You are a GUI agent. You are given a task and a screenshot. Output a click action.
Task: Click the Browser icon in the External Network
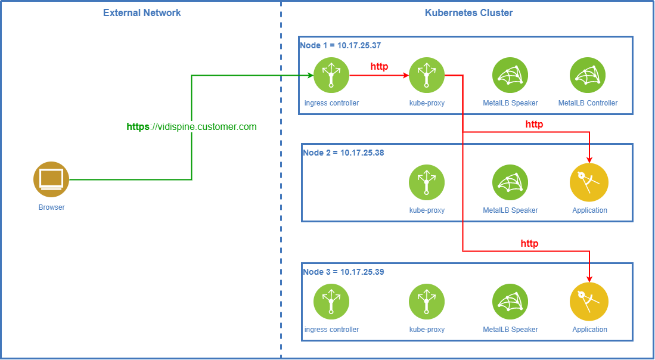coord(51,179)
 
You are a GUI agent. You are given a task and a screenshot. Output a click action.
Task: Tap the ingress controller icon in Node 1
coord(331,75)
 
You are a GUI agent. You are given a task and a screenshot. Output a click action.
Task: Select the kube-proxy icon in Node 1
coord(427,75)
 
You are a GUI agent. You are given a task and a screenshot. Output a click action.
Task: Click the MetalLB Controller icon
coord(588,75)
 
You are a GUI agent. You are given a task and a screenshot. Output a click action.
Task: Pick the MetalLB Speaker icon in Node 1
coord(510,75)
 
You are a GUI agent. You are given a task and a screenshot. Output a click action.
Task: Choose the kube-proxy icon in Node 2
coord(427,182)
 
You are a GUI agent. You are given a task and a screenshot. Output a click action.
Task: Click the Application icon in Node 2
coord(589,182)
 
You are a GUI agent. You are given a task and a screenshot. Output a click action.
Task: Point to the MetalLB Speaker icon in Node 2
coord(510,182)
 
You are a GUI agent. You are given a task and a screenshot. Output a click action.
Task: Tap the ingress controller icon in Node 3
coord(331,302)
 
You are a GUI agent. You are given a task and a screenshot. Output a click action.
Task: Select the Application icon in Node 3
coord(589,302)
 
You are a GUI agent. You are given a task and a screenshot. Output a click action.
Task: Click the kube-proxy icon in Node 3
coord(427,302)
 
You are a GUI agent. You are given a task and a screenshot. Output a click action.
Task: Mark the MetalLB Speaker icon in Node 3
coord(510,302)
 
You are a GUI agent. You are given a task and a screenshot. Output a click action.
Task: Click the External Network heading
coord(142,13)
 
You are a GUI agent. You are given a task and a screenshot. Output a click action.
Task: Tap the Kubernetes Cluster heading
coord(468,13)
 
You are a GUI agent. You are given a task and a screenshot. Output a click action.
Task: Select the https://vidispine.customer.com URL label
coord(191,126)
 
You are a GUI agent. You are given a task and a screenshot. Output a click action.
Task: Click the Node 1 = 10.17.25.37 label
coord(340,45)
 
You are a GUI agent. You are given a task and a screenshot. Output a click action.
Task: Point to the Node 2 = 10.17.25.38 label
coord(343,153)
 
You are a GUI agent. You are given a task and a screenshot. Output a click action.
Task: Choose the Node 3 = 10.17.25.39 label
coord(343,272)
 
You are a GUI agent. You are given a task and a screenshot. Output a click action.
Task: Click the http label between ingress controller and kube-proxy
coord(379,66)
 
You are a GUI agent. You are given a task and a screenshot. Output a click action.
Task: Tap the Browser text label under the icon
coord(51,207)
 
